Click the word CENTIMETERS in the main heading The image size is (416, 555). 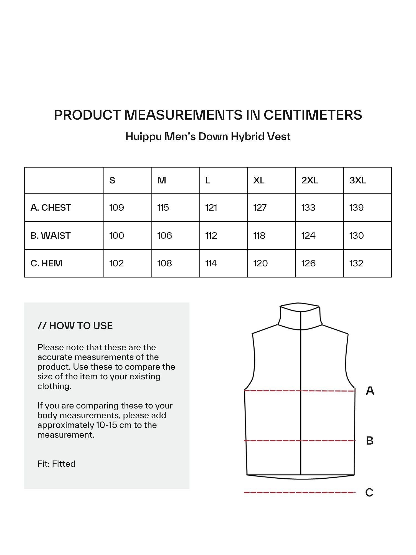(x=313, y=115)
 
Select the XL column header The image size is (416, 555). (x=259, y=181)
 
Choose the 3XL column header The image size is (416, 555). (x=357, y=181)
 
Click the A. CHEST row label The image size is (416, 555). (x=51, y=208)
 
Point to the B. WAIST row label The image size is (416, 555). (x=50, y=236)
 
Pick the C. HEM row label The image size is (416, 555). (x=46, y=263)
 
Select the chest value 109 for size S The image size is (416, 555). (x=116, y=208)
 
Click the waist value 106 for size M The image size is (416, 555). (x=164, y=236)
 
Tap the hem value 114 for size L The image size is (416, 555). (x=211, y=263)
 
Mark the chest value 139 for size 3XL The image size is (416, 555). (x=356, y=208)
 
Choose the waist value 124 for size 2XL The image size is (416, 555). (x=308, y=236)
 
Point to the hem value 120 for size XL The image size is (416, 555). (x=260, y=263)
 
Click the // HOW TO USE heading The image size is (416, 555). (x=75, y=326)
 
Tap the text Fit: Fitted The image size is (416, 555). (x=56, y=464)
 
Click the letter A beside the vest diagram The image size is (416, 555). (x=370, y=391)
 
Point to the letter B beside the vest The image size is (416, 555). (x=370, y=441)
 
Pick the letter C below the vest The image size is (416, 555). (x=369, y=493)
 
